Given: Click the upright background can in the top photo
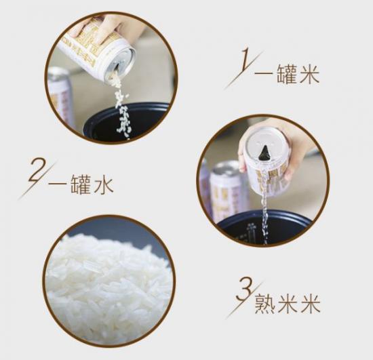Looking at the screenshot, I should pos(61,95).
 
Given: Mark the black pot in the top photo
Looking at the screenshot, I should pos(129,122).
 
